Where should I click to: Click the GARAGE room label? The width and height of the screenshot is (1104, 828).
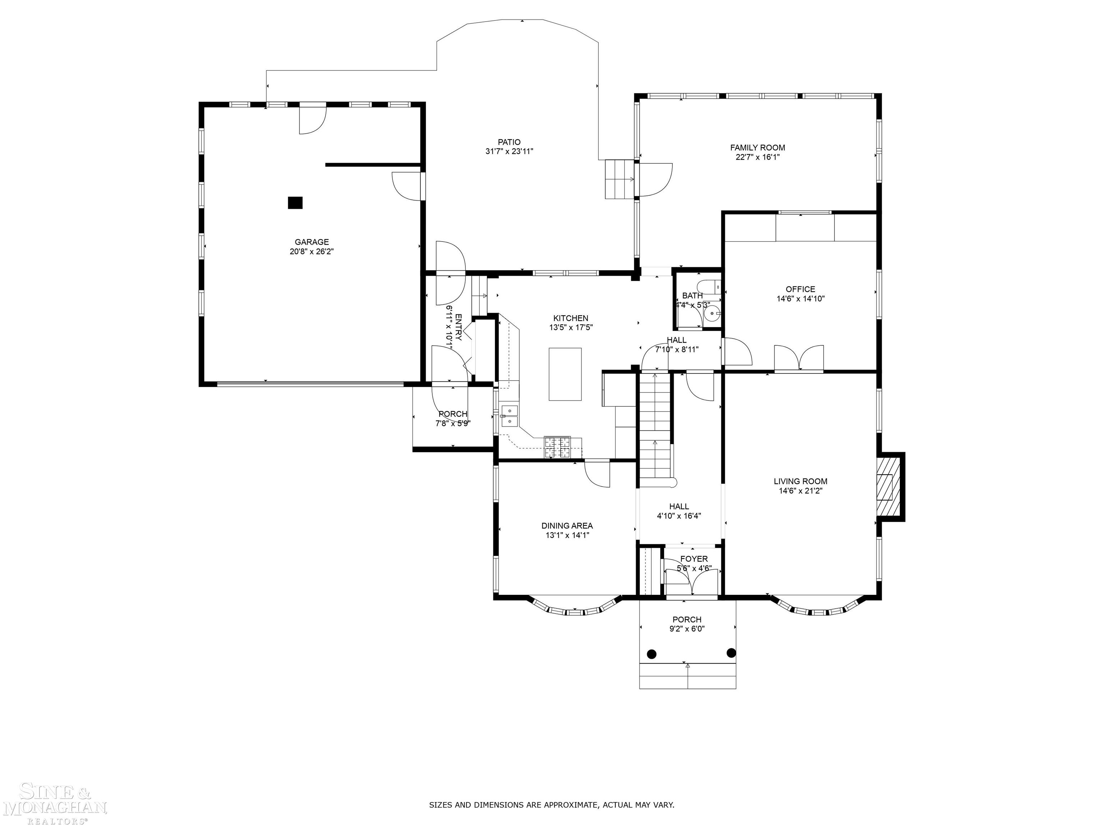tap(312, 243)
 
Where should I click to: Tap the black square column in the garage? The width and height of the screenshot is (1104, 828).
tap(295, 203)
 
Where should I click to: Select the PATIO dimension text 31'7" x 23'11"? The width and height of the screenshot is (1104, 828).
tap(509, 152)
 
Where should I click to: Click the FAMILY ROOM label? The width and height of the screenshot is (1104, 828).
tap(758, 148)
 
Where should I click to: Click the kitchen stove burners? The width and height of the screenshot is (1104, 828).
tap(557, 447)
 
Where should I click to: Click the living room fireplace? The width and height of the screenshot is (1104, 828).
tap(887, 487)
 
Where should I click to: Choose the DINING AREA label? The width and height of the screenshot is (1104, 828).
tap(567, 525)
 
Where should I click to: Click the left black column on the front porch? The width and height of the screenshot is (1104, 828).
tap(651, 653)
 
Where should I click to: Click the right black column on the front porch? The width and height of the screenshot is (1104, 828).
tap(731, 652)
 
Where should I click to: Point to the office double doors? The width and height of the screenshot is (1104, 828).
tap(799, 358)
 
